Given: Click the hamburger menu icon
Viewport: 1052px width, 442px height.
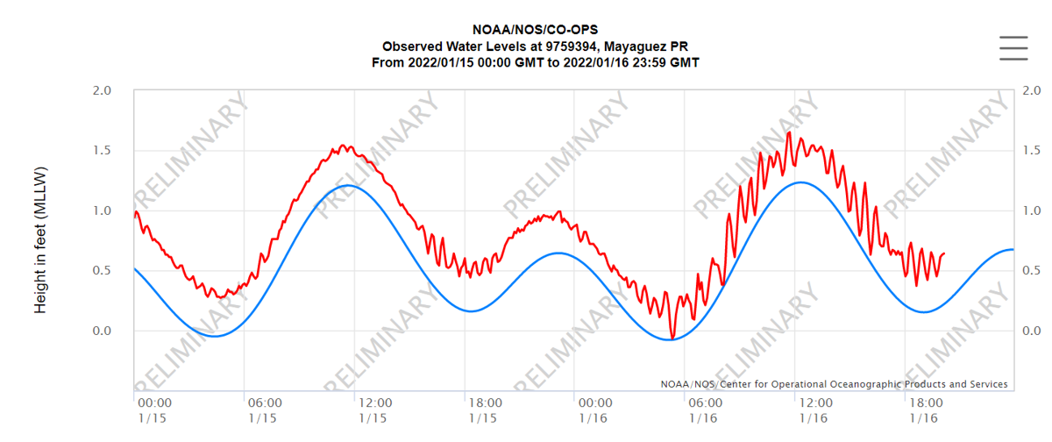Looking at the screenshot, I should pyautogui.click(x=1013, y=48).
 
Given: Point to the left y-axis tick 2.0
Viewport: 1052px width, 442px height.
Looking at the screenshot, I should pyautogui.click(x=103, y=90).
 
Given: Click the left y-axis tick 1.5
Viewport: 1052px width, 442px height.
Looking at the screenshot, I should pyautogui.click(x=103, y=151).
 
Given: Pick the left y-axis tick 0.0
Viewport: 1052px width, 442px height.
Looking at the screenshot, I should pyautogui.click(x=103, y=331).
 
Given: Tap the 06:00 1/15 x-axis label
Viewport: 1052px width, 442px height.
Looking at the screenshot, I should pyautogui.click(x=264, y=410).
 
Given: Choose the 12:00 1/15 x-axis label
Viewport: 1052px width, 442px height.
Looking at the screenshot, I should pyautogui.click(x=374, y=410).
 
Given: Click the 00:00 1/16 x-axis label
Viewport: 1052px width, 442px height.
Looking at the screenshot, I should pyautogui.click(x=594, y=410).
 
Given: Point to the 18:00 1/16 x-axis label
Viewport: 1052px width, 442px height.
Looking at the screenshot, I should pyautogui.click(x=926, y=410).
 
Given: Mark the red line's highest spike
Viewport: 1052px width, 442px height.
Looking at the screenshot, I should pyautogui.click(x=789, y=132).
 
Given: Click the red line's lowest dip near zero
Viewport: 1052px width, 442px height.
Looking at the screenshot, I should pyautogui.click(x=672, y=339).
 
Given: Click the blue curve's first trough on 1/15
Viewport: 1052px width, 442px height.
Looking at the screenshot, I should pyautogui.click(x=214, y=336).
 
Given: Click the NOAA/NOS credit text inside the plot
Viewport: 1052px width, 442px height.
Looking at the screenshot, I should pyautogui.click(x=834, y=384).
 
